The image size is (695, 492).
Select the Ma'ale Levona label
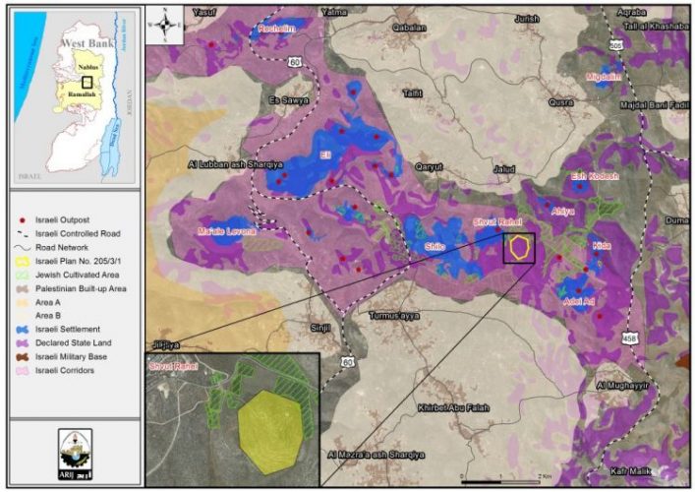click(x=226, y=231)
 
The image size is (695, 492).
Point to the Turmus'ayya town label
click(x=395, y=316)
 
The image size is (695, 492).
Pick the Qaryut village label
click(x=430, y=166)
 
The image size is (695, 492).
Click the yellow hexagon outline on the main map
click(x=519, y=248)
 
